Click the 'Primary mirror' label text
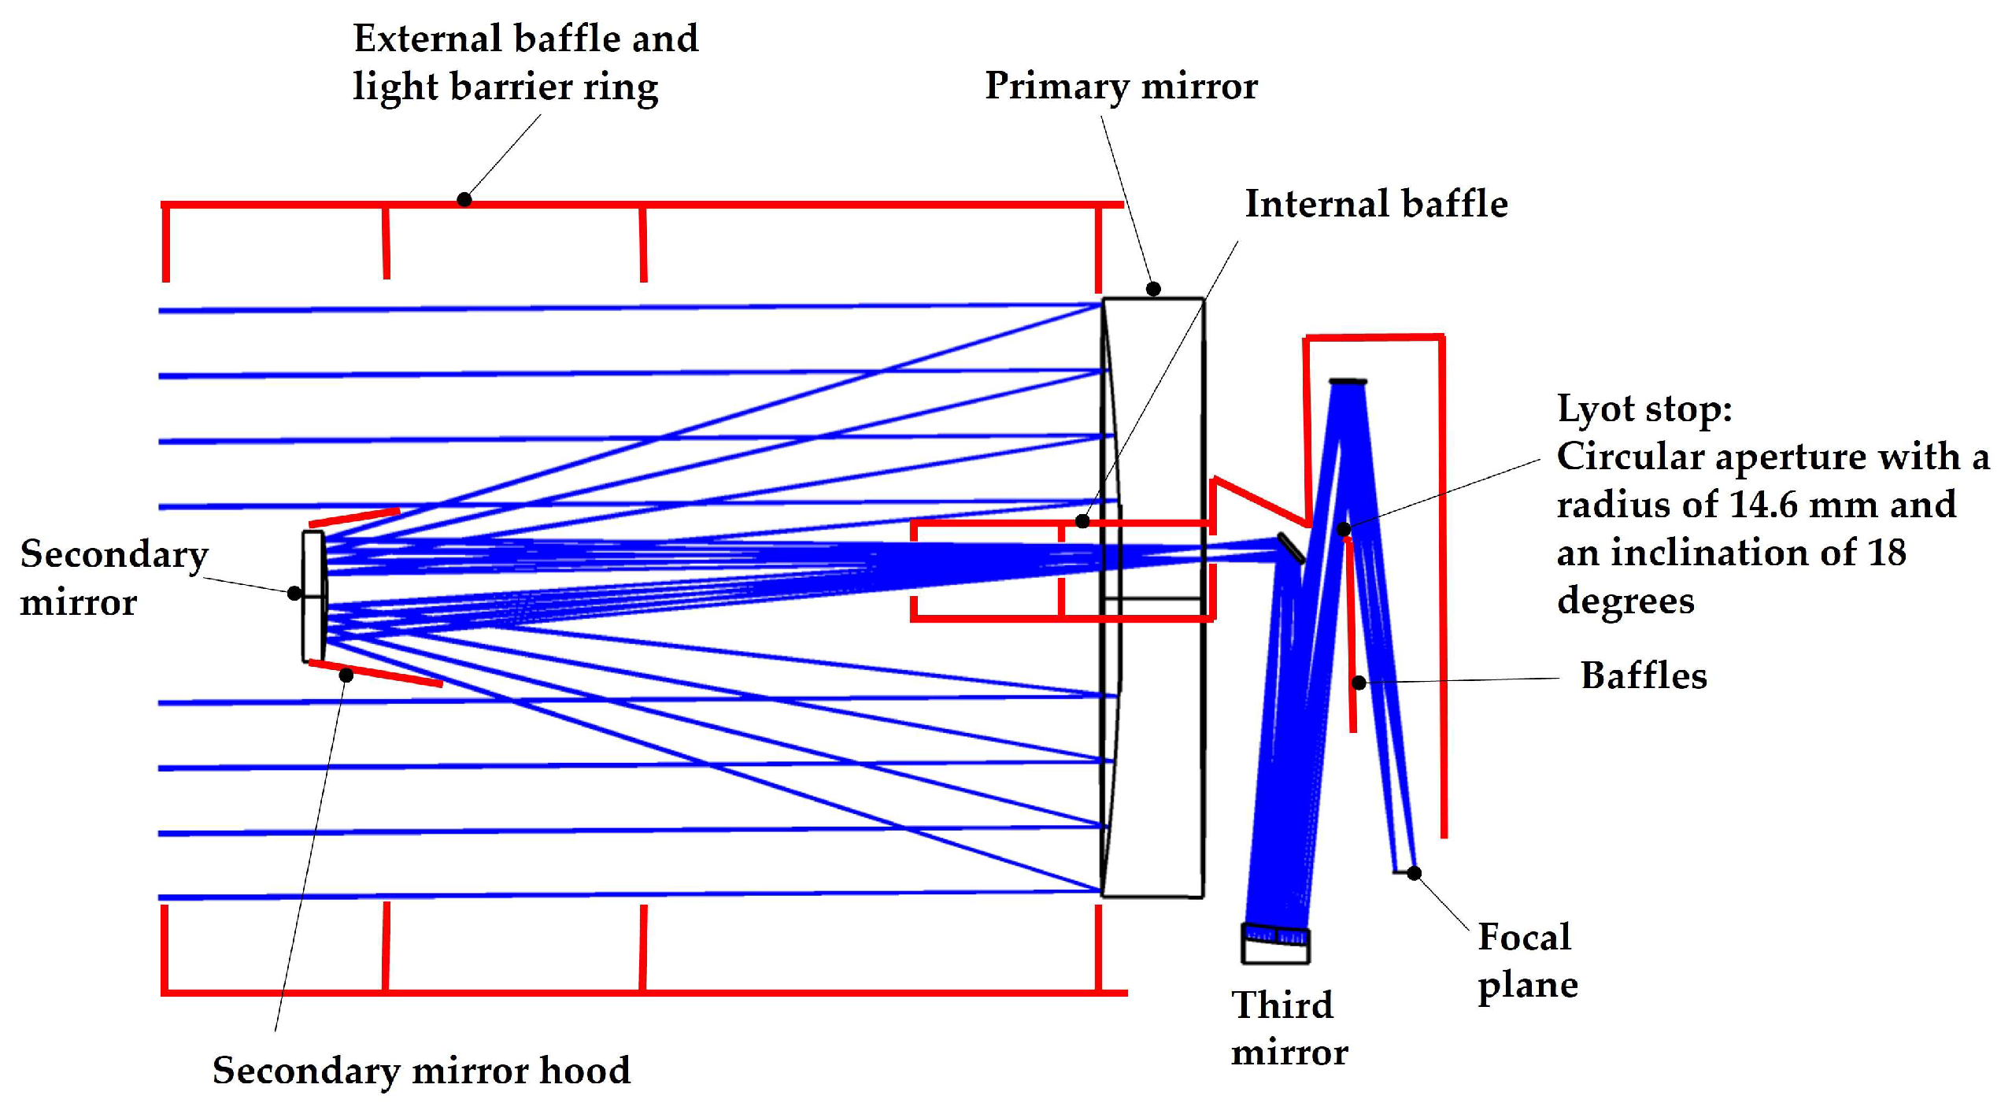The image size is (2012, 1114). [1120, 86]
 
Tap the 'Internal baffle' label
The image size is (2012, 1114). [1375, 204]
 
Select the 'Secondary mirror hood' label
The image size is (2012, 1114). [421, 1070]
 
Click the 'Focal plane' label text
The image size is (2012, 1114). [1526, 960]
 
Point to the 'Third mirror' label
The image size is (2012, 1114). [1288, 1027]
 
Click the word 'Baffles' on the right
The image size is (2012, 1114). [1643, 675]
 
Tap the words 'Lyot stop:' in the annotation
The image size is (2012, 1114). [1644, 409]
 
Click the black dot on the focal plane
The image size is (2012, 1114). [1414, 873]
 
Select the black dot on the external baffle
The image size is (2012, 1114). [464, 199]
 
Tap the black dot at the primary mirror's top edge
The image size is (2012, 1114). [1152, 289]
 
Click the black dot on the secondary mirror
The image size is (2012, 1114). [294, 593]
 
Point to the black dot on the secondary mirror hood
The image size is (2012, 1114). [346, 675]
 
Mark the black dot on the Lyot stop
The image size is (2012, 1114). [1344, 529]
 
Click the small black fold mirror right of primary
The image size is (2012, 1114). [1290, 548]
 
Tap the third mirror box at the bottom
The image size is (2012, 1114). [1275, 945]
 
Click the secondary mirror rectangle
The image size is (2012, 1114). [313, 596]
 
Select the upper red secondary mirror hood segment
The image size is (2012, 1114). [354, 516]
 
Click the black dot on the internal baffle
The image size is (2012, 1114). [1082, 521]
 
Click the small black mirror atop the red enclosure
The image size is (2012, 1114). [1348, 382]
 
